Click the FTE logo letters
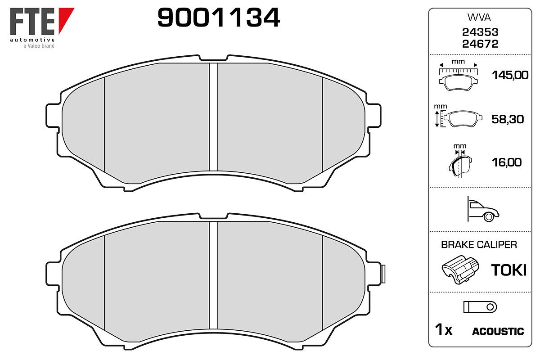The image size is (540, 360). coord(32,21)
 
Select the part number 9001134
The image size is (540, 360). coord(219,18)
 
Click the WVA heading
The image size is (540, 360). coord(479,18)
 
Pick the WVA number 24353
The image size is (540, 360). coord(480,32)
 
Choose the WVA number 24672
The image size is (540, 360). coord(480,44)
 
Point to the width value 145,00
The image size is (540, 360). coord(510,75)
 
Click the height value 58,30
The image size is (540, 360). coord(508,119)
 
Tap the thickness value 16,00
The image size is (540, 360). coord(507,162)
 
